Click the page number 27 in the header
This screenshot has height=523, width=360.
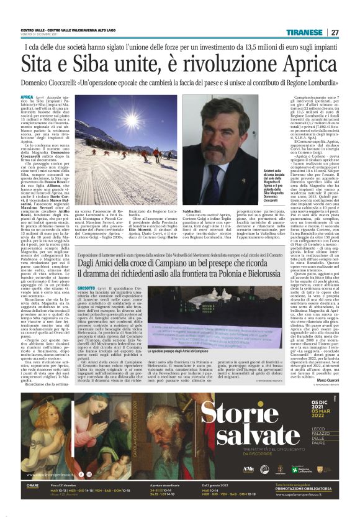(x=335, y=32)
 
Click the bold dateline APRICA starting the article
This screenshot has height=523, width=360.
(x=27, y=98)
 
